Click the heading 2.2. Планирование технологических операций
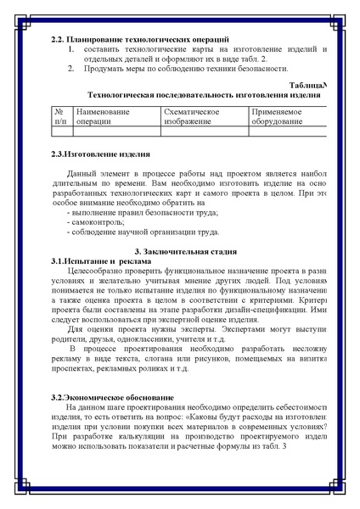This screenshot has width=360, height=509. click(140, 40)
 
